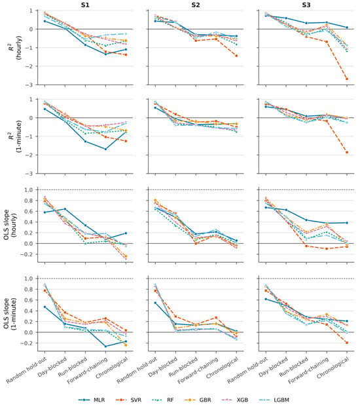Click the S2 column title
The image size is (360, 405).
tap(196, 5)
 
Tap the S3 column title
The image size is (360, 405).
tap(306, 5)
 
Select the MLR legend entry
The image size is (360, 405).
tap(92, 400)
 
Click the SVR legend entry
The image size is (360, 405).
tap(128, 400)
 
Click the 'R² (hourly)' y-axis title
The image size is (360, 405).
tap(14, 48)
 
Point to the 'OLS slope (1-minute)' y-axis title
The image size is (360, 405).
tap(10, 314)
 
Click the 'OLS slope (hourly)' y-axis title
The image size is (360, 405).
tap(10, 225)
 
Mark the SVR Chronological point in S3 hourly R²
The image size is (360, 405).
tap(347, 79)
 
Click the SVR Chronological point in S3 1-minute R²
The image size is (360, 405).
tap(347, 153)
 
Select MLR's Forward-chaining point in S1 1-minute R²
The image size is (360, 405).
tap(105, 149)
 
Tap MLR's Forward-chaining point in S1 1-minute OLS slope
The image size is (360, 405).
tap(105, 347)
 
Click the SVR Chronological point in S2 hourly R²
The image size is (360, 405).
tap(236, 56)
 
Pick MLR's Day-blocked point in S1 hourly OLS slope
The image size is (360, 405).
tap(65, 209)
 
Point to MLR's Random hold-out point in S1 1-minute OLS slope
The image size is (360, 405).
tap(45, 307)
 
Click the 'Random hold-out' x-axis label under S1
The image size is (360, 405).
tap(27, 370)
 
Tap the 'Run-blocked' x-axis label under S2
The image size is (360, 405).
tap(183, 367)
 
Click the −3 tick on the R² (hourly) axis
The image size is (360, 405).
tap(29, 85)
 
